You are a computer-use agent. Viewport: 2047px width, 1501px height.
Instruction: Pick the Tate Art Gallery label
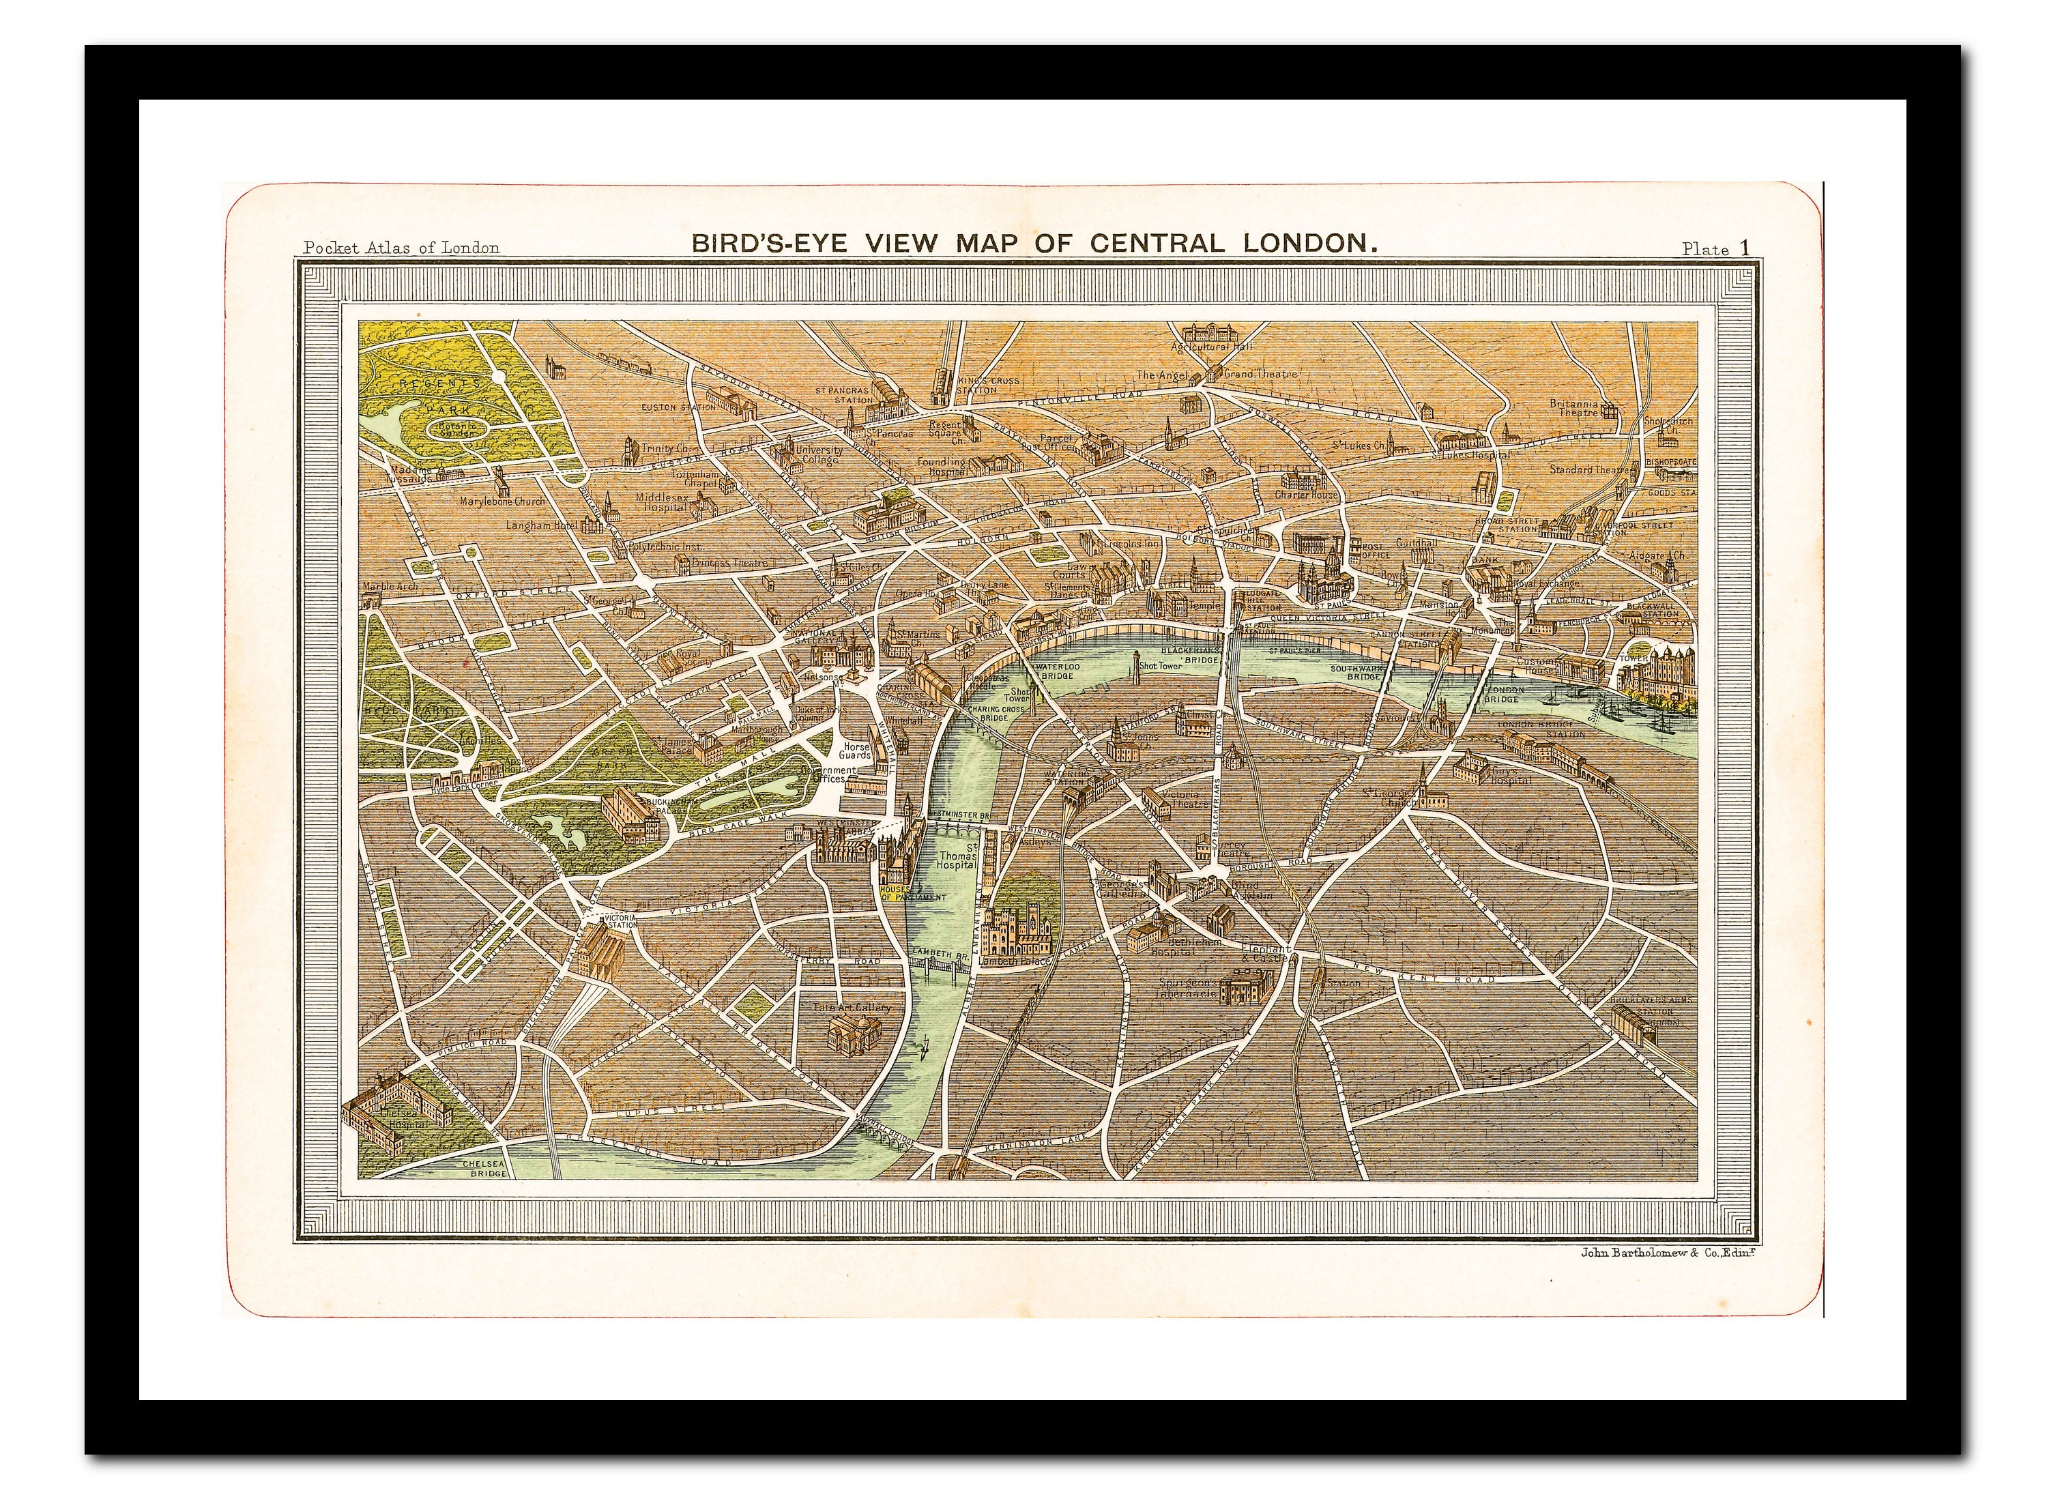(x=852, y=1007)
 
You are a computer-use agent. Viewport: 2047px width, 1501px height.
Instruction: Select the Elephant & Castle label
(x=1266, y=953)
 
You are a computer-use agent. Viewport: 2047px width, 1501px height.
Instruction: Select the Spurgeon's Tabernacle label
(x=1187, y=988)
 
